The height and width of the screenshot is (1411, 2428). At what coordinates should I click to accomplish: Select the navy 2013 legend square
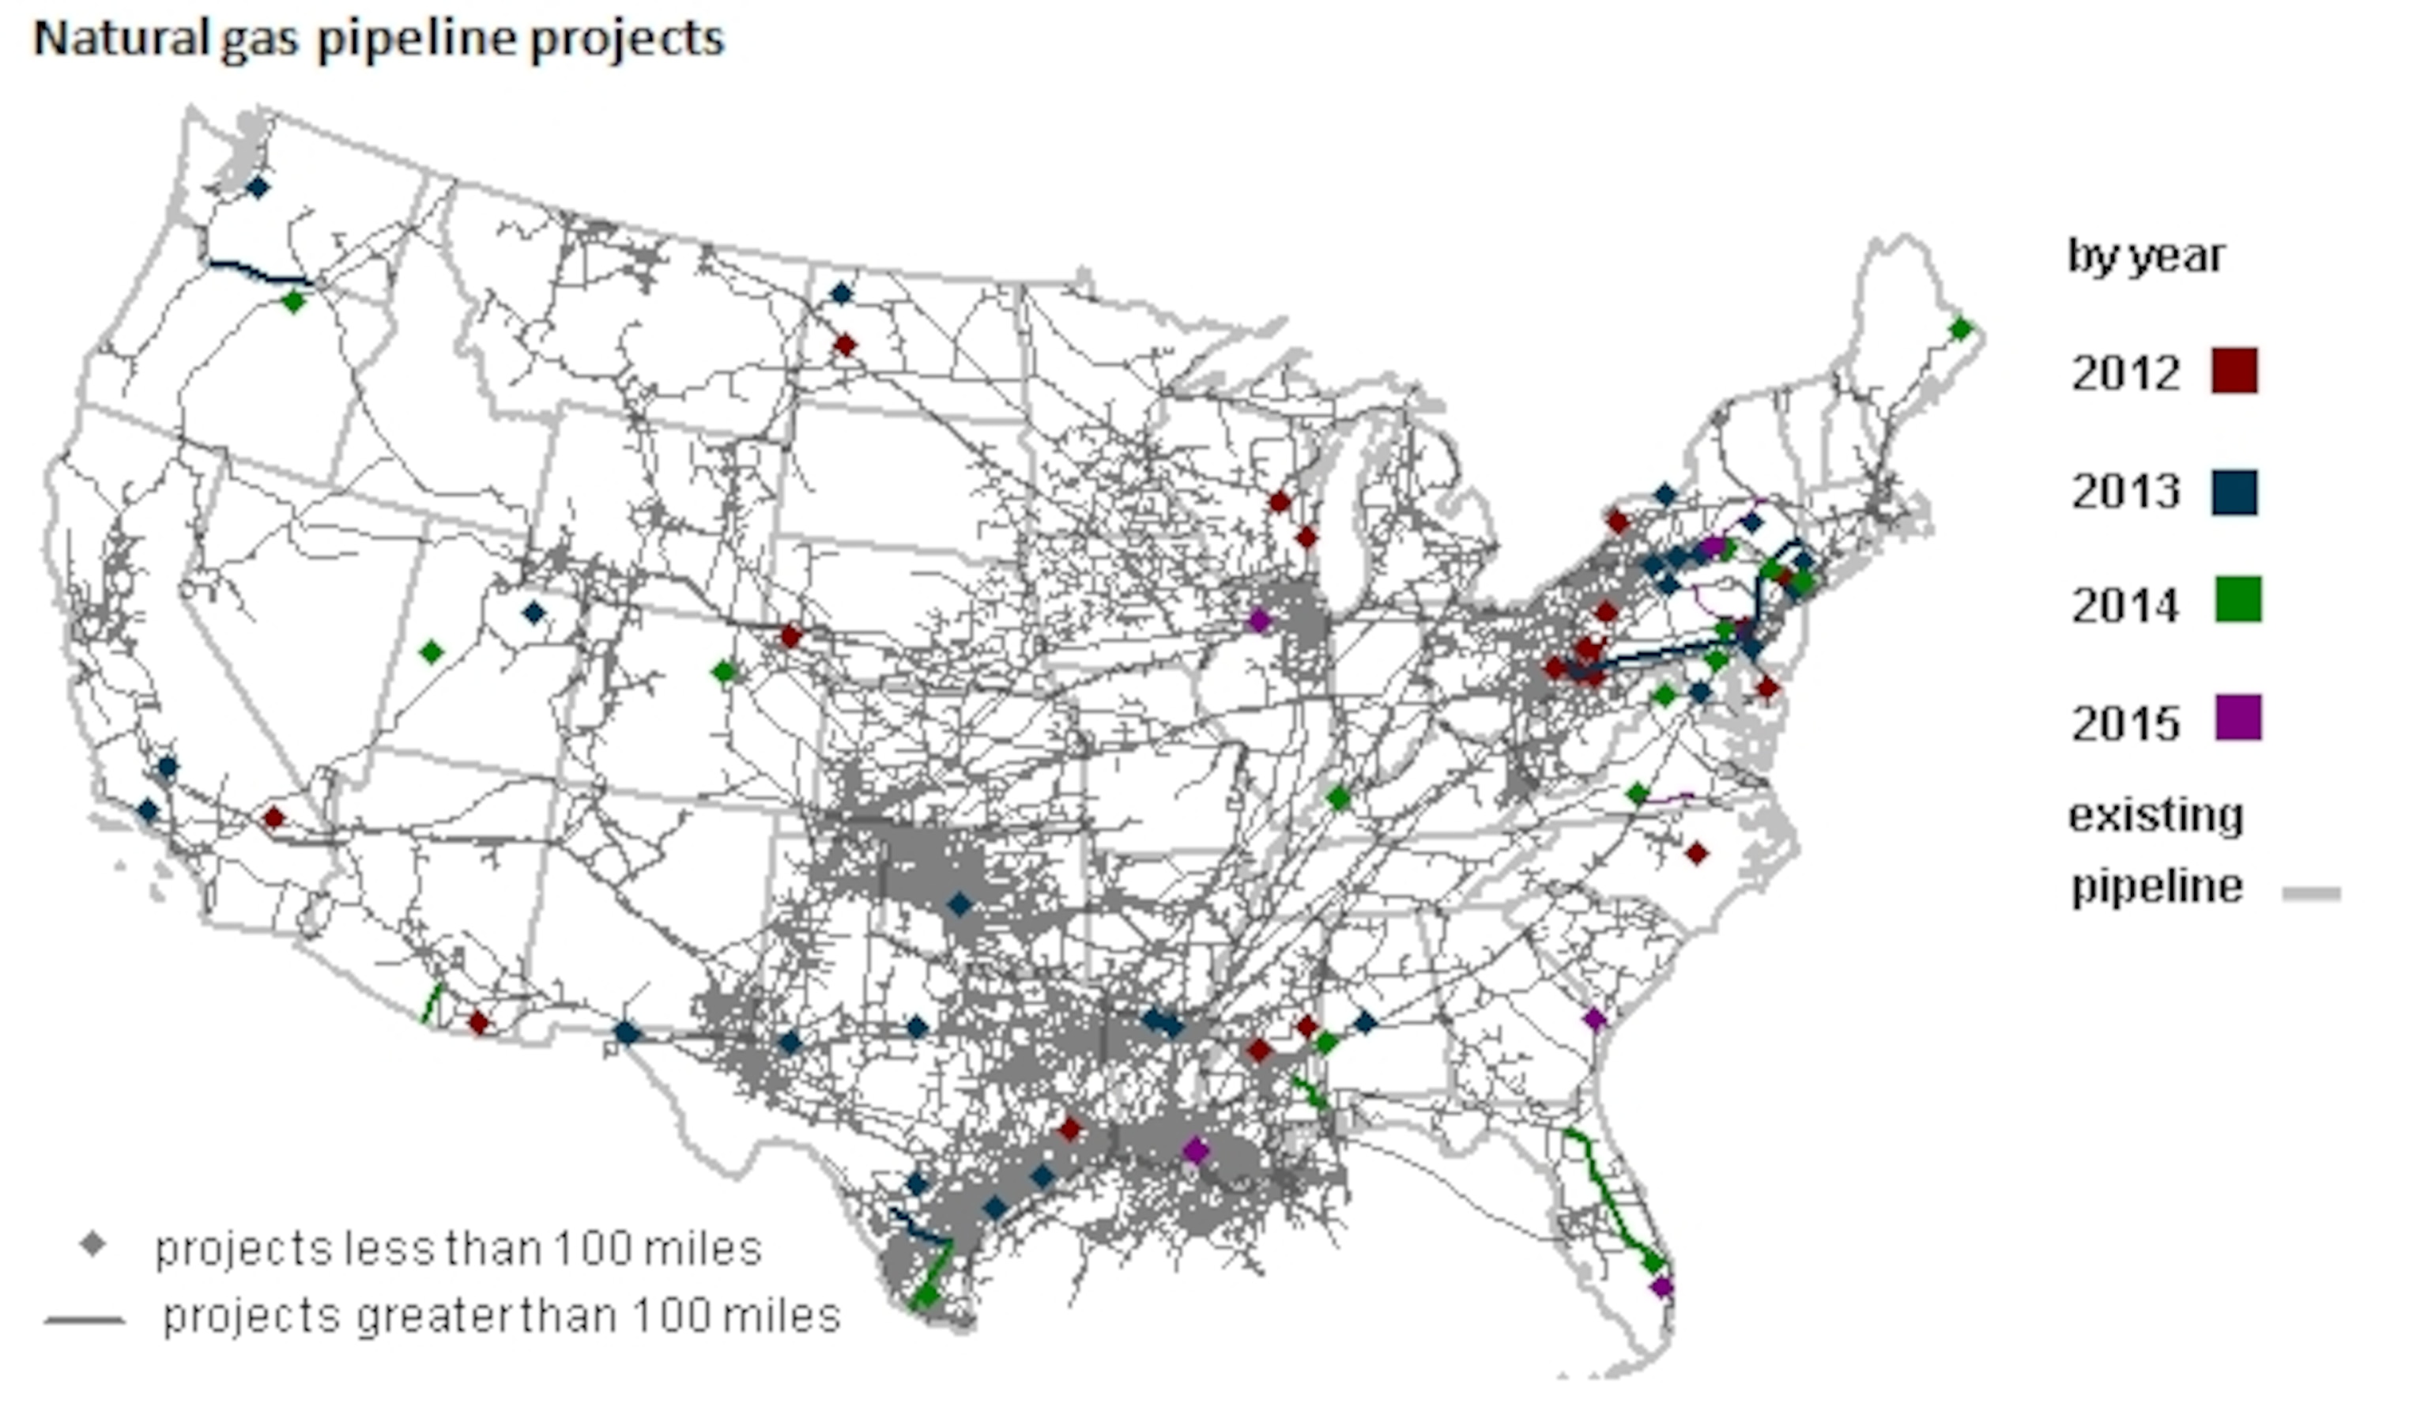click(x=2234, y=492)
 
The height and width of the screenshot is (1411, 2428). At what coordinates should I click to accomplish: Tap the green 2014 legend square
click(x=2238, y=599)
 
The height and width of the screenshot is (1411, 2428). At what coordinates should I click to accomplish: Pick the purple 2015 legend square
click(x=2238, y=718)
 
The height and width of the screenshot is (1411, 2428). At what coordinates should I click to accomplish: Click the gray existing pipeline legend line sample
click(x=2311, y=894)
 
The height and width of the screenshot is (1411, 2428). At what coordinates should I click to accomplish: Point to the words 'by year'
click(x=2146, y=256)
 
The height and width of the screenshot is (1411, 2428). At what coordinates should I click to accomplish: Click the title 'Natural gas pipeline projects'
click(x=379, y=40)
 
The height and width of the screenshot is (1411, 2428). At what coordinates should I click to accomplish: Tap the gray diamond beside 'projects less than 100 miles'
click(x=92, y=1244)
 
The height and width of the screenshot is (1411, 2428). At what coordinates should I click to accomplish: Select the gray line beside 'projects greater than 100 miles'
click(x=85, y=1319)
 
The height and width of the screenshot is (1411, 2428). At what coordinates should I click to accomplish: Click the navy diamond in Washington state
click(x=257, y=188)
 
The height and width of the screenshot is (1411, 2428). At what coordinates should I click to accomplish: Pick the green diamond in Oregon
click(x=294, y=302)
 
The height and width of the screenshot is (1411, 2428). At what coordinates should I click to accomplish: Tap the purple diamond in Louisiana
click(x=1196, y=1150)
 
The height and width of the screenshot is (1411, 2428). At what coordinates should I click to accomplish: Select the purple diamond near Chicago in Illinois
click(x=1259, y=621)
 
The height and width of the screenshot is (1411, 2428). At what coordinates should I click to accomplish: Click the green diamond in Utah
click(x=432, y=652)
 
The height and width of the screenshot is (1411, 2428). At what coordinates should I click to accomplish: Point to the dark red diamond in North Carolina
click(x=1697, y=853)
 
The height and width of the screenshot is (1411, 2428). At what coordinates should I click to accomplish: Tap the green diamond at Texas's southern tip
click(x=926, y=1294)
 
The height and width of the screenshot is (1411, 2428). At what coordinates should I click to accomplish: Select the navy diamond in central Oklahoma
click(x=959, y=904)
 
